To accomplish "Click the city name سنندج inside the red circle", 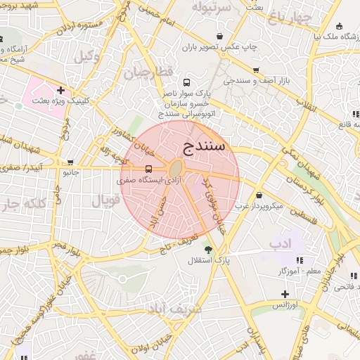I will point(204,146).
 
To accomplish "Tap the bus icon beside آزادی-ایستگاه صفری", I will point(148,169).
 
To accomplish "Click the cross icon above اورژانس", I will point(284,294).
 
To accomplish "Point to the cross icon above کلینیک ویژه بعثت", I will point(61,90).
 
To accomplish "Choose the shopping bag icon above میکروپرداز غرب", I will point(259,195).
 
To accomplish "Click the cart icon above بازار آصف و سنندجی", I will point(255,70).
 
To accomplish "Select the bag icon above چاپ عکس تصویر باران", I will point(220,36).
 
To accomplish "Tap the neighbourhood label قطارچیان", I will point(148,72).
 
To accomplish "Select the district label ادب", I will point(280,243).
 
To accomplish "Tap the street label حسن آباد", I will point(167,212).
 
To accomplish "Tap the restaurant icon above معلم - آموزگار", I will point(280,259).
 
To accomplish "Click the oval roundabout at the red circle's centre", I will point(176,169).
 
